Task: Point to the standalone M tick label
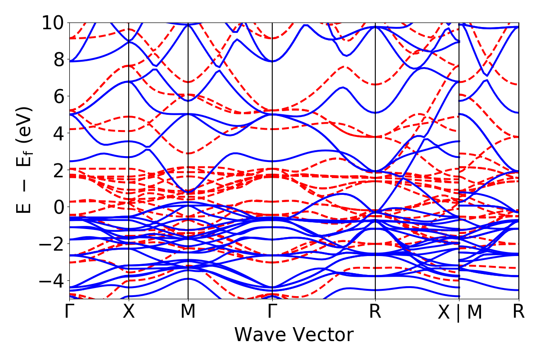coord(188,311)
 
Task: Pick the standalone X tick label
coord(129,311)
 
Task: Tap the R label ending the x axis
coord(519,311)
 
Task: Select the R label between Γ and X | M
coord(375,311)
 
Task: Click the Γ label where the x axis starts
coord(69,311)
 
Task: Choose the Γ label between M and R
coord(272,311)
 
